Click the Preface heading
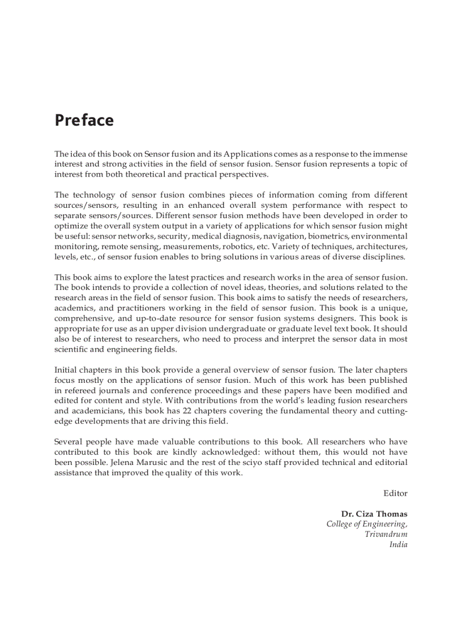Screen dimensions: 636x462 (x=84, y=121)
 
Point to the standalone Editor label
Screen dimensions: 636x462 (x=395, y=493)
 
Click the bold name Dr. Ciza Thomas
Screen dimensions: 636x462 (x=374, y=514)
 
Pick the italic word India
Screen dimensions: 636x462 (x=398, y=545)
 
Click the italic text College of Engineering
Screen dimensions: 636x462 (x=366, y=524)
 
